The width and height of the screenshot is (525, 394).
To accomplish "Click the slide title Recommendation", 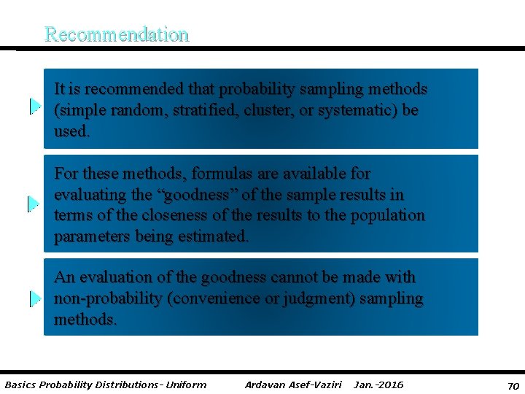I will point(117,34).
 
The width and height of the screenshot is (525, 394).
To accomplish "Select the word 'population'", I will point(387,215).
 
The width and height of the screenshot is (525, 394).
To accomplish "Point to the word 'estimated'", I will point(213,236).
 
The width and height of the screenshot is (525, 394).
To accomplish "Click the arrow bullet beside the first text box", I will point(34,107).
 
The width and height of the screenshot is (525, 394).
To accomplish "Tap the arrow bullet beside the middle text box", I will point(34,204).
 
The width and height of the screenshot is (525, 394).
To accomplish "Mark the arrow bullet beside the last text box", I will point(34,298).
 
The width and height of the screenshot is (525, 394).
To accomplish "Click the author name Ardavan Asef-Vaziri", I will point(293,385).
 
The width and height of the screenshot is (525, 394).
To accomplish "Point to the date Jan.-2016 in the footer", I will point(378,385).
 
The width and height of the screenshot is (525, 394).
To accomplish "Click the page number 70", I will point(513,385).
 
